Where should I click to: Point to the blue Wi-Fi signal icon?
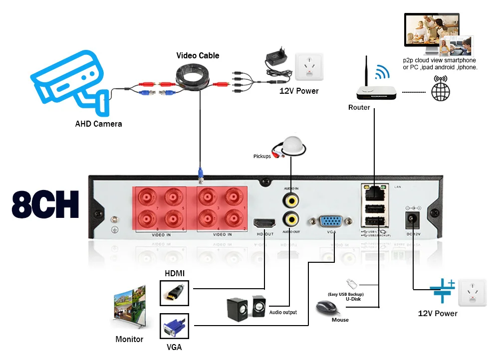point(382,72)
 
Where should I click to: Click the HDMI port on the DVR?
point(264,223)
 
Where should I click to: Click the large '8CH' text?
point(45,203)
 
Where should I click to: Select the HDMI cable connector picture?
point(175,293)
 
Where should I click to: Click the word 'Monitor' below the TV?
point(129,340)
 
